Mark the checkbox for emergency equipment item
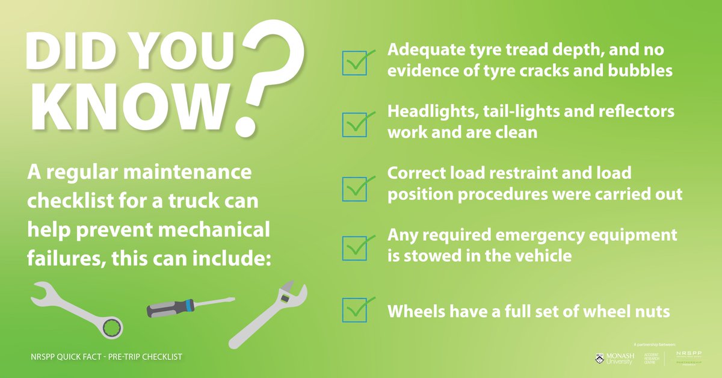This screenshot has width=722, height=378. coord(354,247)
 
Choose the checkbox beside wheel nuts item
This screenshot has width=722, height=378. coord(354,310)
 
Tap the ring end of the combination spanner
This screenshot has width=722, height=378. coord(113,328)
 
